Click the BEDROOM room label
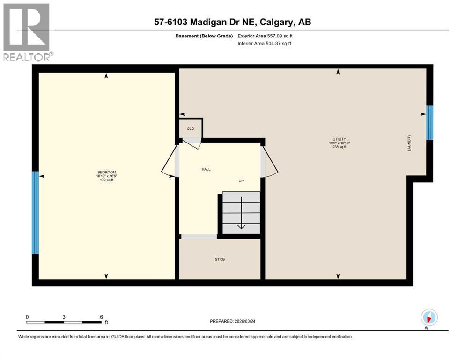[106, 172]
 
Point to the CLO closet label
[190, 128]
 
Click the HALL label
[206, 169]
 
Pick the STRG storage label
[220, 259]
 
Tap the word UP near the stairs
[241, 181]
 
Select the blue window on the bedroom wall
[35, 212]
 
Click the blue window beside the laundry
[429, 123]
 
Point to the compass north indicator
[429, 318]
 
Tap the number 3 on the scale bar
[64, 317]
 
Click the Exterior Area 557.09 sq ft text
[267, 36]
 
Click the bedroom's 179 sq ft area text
[106, 180]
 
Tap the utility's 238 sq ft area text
[339, 147]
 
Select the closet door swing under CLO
[193, 142]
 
